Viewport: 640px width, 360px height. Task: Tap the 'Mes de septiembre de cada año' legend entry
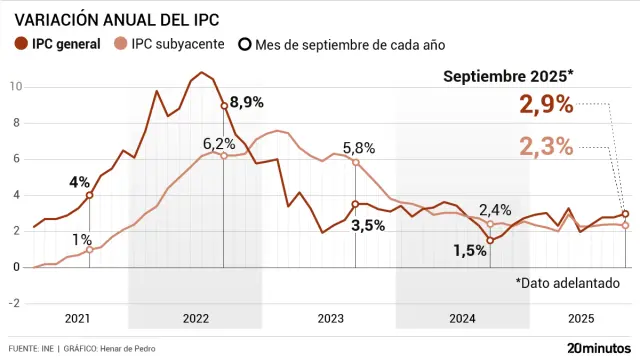[x=340, y=44]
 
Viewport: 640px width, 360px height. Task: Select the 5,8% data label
[x=358, y=147]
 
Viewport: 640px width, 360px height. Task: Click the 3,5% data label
[x=368, y=226]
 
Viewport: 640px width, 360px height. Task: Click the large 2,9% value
[x=546, y=105]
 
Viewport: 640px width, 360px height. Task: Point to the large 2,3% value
[x=546, y=146]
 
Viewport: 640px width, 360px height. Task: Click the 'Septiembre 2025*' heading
[x=509, y=77]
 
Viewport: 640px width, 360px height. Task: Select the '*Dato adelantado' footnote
[x=568, y=283]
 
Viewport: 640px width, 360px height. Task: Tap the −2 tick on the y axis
[x=15, y=303]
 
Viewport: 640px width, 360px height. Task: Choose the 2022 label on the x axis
[x=195, y=319]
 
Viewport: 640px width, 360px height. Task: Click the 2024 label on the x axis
[x=462, y=319]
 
